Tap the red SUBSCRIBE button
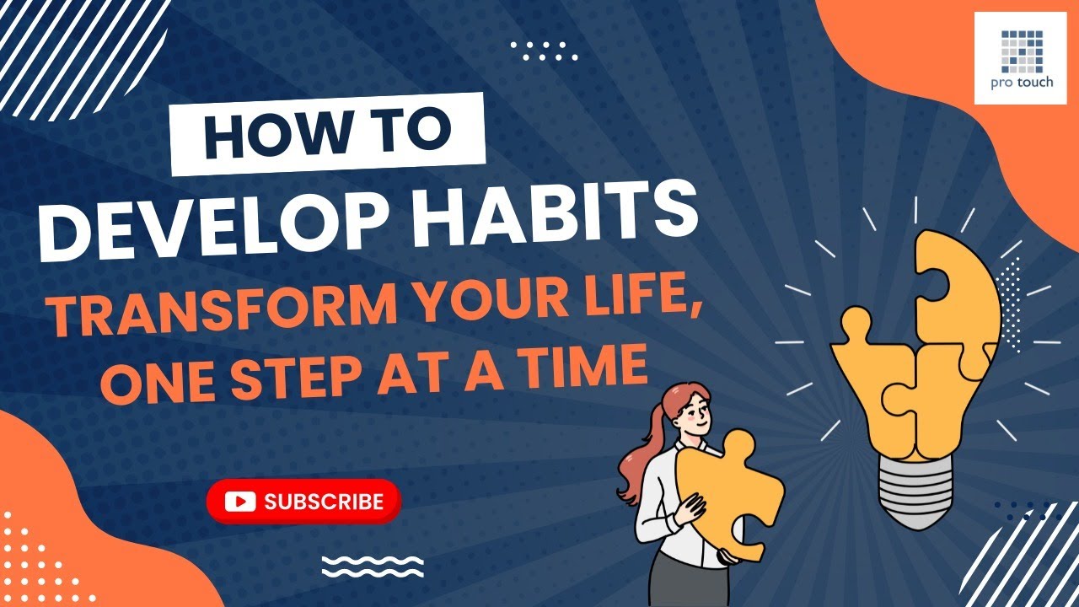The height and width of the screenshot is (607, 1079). [303, 502]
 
